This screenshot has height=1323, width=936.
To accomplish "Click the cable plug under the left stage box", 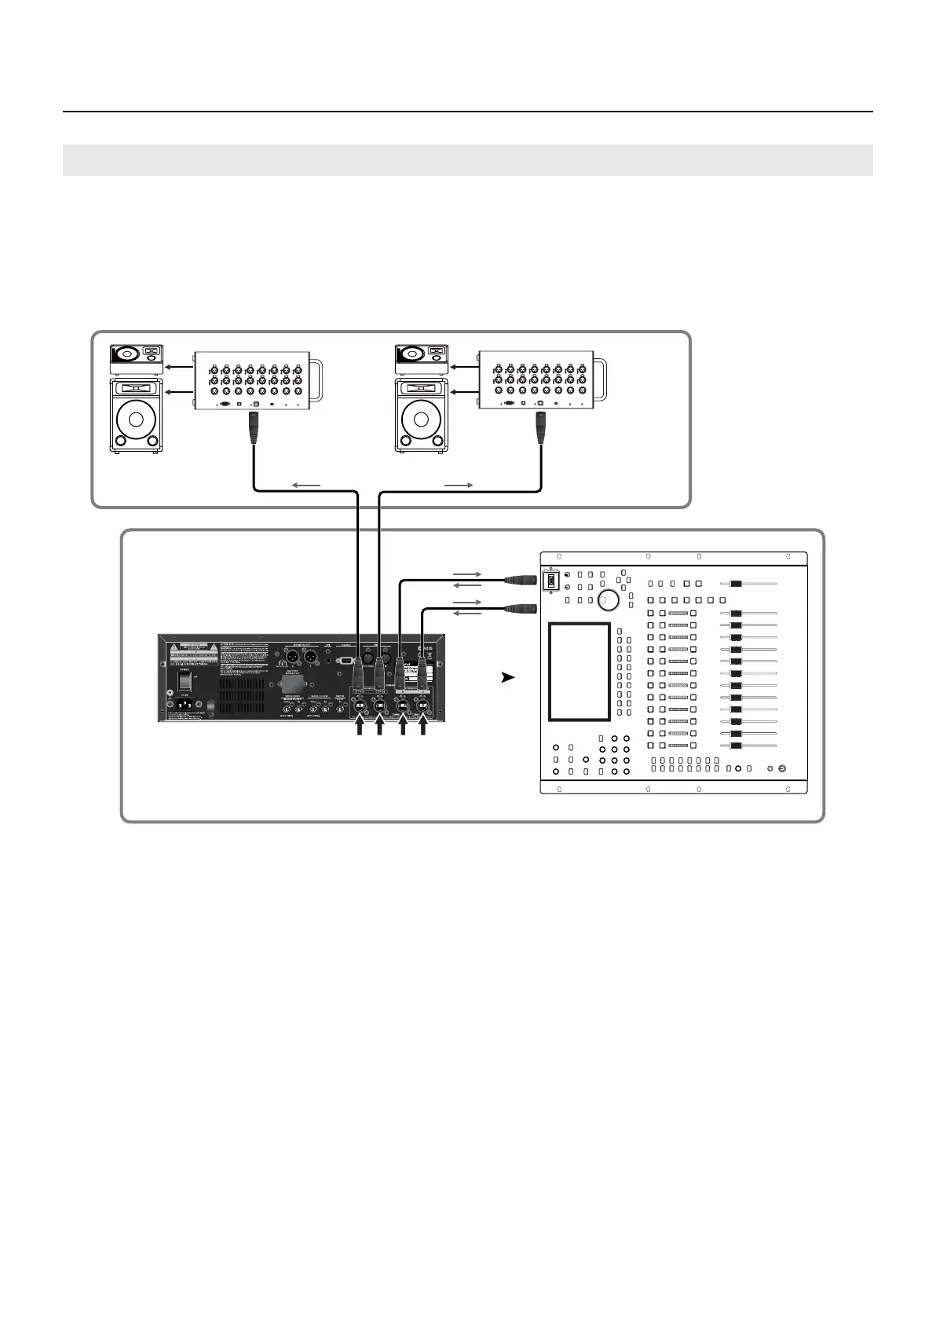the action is click(x=254, y=427).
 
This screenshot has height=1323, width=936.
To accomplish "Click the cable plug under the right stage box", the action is click(x=539, y=427).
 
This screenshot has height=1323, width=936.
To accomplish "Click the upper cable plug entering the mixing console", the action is click(x=521, y=580).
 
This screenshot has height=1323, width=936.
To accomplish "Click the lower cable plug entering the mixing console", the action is click(x=521, y=607).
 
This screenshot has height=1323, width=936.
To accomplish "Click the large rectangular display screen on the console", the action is click(x=580, y=672).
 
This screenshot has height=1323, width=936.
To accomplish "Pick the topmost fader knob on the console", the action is click(x=737, y=584).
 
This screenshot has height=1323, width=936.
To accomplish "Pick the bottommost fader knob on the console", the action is click(x=737, y=746).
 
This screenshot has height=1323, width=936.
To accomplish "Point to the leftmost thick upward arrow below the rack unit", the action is click(x=360, y=728).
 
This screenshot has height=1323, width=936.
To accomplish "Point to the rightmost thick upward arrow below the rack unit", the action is click(x=423, y=728).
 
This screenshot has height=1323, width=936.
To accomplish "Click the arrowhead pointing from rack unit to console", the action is click(x=508, y=676).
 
